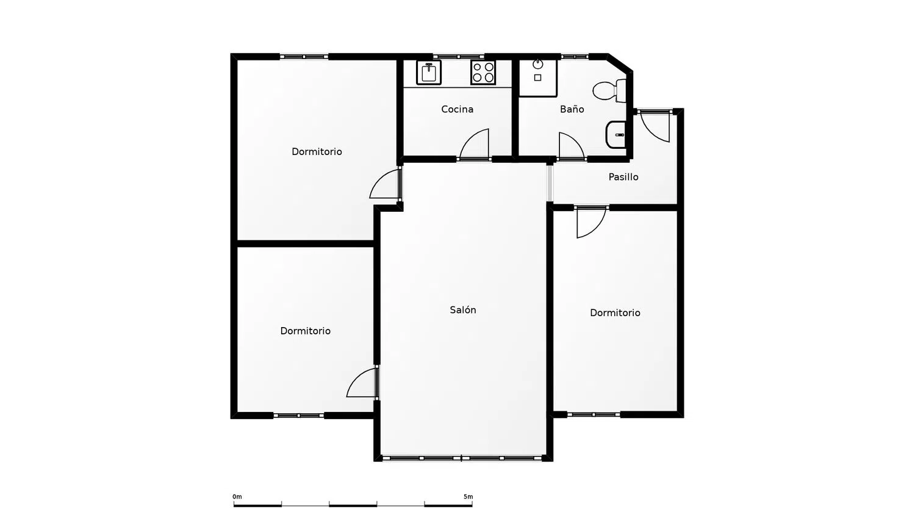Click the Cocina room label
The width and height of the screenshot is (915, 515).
click(x=457, y=109)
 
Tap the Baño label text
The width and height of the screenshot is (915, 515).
click(x=572, y=109)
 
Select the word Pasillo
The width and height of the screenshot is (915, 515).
click(x=623, y=177)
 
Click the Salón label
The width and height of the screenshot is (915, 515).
click(x=463, y=310)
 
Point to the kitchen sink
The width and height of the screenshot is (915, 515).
click(x=428, y=73)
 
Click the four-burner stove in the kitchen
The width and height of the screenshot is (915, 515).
click(x=483, y=73)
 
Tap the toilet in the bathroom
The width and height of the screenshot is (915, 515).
click(x=609, y=90)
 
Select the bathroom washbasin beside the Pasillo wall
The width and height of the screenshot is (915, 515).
click(x=616, y=134)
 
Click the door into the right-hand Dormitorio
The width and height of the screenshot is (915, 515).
click(x=590, y=222)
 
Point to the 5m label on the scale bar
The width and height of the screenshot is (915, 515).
click(x=468, y=497)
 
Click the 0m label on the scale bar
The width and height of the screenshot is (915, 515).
click(x=237, y=497)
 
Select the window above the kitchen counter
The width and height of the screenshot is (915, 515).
click(x=458, y=56)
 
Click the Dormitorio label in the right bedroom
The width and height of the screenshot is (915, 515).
click(x=615, y=312)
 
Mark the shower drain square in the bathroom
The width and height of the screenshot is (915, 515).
click(x=538, y=77)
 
